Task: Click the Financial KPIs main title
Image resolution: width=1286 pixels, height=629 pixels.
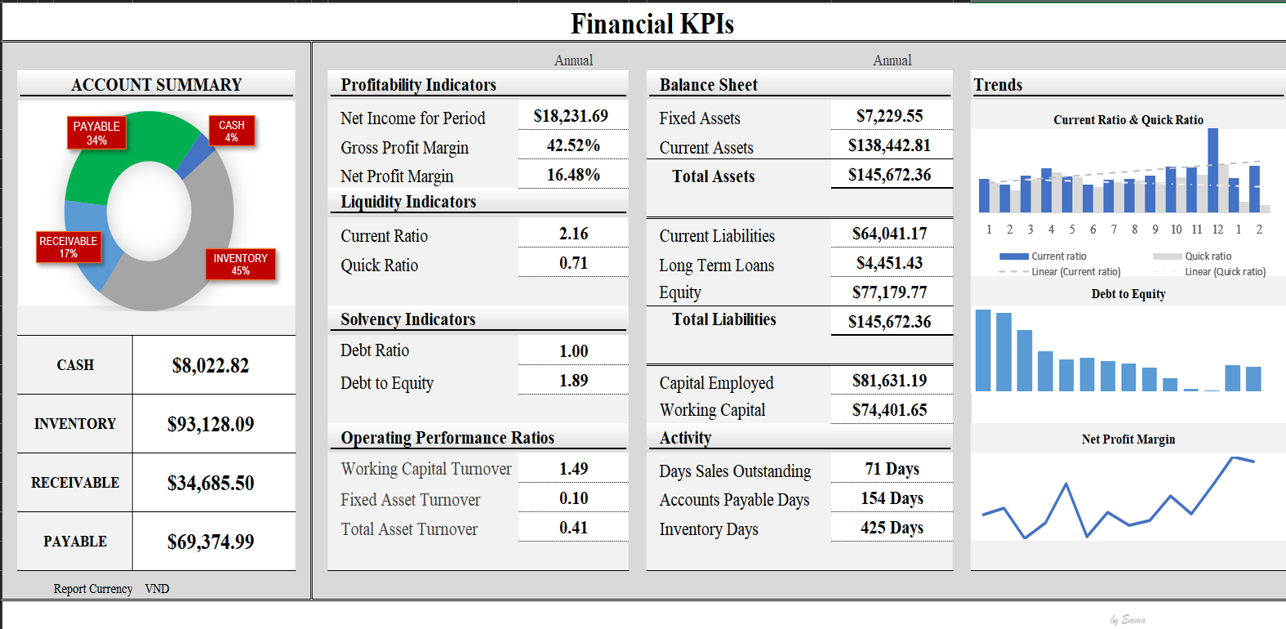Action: point(652,24)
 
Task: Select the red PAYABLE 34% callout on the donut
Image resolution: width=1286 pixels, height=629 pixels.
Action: point(96,133)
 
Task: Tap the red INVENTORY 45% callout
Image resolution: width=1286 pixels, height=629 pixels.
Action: point(240,264)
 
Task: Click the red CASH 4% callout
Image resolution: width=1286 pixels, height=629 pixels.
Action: point(232,131)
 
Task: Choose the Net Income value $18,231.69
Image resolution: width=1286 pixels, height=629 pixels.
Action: point(571,116)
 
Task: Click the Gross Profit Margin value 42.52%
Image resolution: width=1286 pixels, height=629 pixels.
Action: point(573,145)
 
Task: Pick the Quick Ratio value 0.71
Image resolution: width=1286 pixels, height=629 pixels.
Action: point(573,263)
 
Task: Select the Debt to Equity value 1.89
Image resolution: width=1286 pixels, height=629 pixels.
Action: point(573,381)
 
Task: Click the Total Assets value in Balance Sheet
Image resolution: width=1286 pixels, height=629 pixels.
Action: point(889,175)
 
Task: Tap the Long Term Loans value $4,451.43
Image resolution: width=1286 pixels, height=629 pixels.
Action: point(889,263)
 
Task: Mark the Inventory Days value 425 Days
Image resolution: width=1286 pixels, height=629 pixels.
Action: point(892,528)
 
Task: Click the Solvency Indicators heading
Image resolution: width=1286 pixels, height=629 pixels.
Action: point(407,319)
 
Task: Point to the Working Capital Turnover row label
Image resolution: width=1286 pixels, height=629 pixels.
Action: point(426,469)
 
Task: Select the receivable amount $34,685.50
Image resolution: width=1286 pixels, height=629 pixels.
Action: point(211,483)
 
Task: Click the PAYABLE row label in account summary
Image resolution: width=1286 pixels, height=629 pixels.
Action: point(75,542)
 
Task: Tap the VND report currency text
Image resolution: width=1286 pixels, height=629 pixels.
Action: point(157,589)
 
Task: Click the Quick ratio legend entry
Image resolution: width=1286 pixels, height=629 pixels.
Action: point(1208,257)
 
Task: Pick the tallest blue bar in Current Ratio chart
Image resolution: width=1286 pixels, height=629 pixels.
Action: point(1213,170)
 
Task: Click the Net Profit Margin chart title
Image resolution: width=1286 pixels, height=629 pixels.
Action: point(1128,439)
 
